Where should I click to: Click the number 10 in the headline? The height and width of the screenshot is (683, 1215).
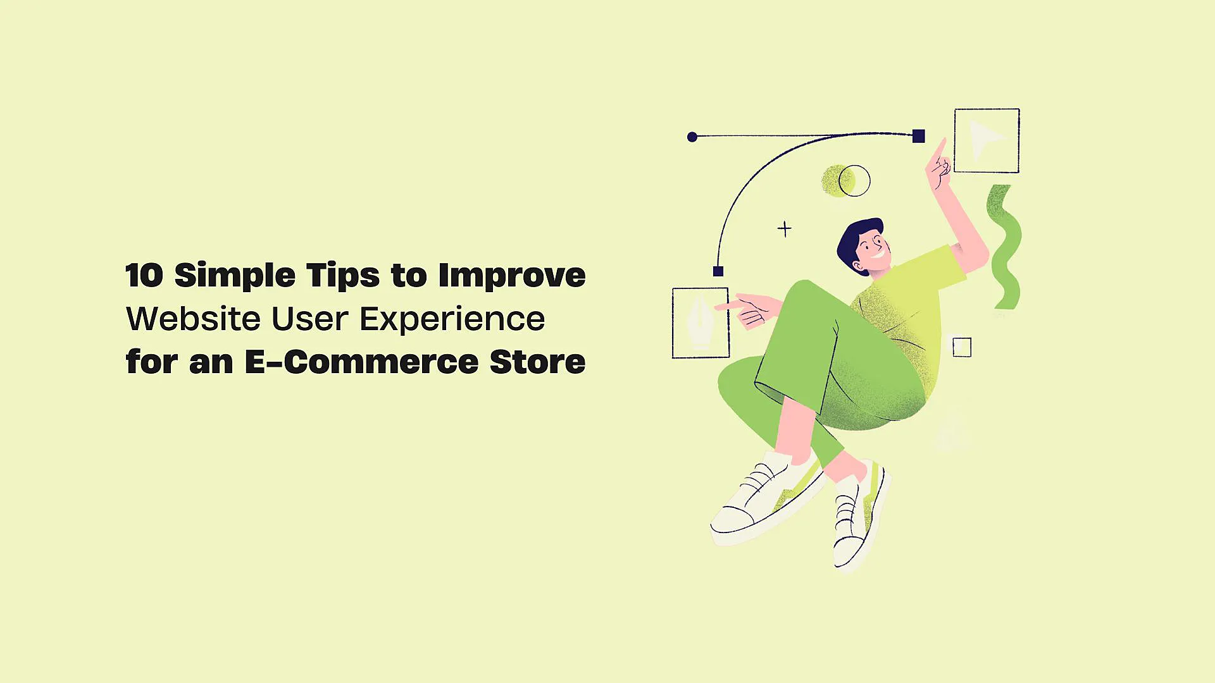(144, 276)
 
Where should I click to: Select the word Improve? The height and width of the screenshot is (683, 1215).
(511, 276)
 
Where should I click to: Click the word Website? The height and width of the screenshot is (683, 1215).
(193, 319)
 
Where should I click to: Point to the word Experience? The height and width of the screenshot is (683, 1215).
(452, 319)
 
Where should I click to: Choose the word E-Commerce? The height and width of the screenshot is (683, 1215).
(361, 362)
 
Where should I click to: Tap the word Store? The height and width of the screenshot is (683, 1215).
(537, 362)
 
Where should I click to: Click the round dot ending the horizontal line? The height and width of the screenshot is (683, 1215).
(692, 137)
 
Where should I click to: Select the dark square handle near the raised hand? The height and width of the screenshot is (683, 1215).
(919, 136)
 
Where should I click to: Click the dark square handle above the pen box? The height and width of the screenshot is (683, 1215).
(718, 271)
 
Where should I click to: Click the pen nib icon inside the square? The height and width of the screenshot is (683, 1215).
(700, 323)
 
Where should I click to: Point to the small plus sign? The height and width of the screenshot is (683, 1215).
(785, 228)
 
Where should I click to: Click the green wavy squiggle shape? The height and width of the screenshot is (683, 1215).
(1004, 247)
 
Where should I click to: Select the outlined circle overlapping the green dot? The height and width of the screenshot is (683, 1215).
(855, 181)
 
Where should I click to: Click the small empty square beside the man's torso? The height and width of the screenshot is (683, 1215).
(962, 347)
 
